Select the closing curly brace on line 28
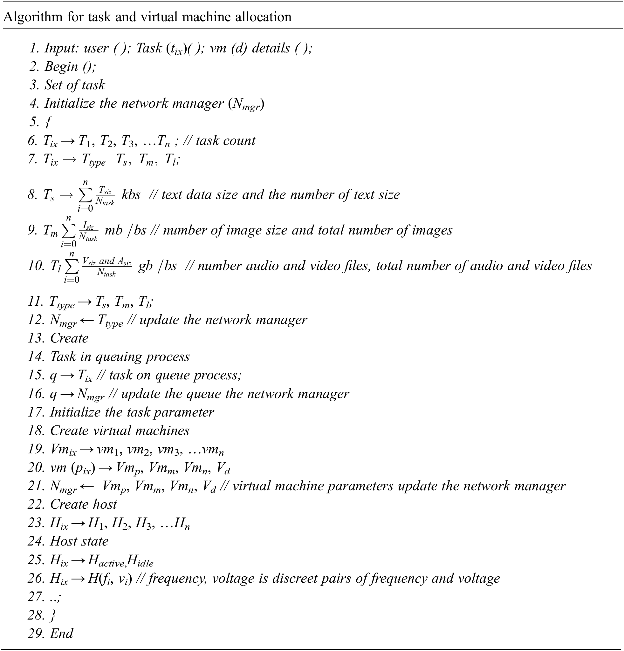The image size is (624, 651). [x=52, y=615]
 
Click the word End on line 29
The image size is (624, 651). [x=61, y=634]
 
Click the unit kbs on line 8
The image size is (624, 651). [x=131, y=195]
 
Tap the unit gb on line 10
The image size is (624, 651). [x=146, y=266]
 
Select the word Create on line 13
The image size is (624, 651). [x=69, y=338]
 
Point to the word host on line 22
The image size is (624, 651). [x=105, y=505]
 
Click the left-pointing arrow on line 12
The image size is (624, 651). [x=87, y=320]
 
